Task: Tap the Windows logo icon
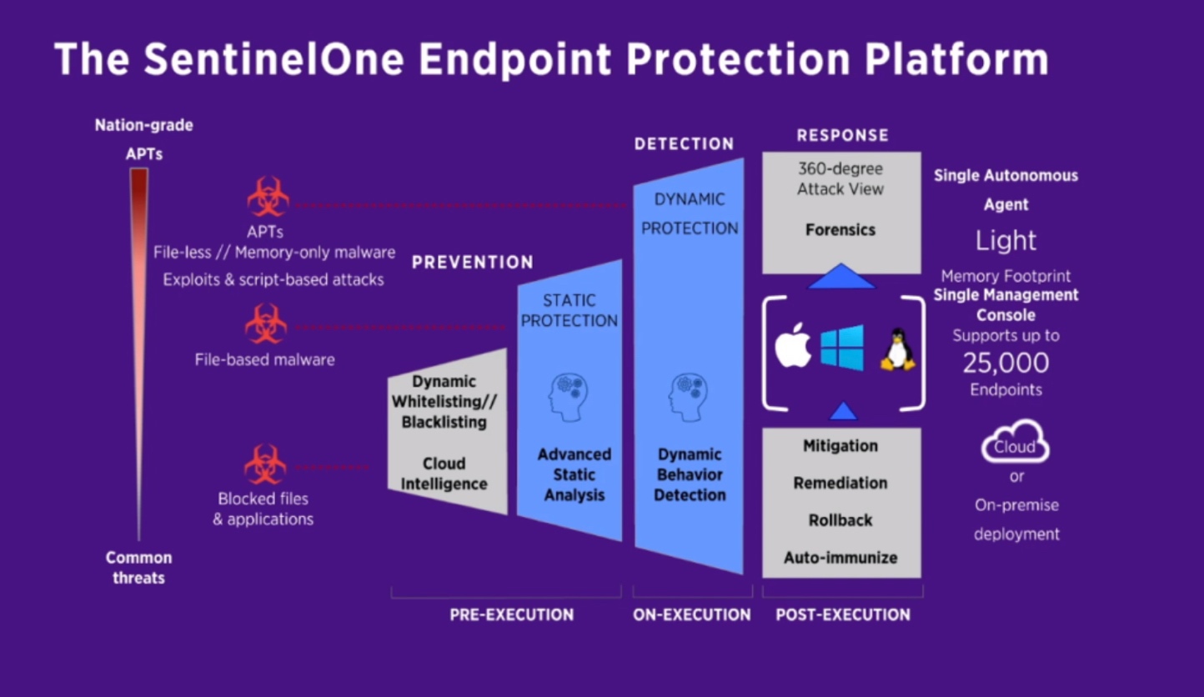(841, 347)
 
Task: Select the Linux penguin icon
(898, 349)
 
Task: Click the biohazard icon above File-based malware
(266, 324)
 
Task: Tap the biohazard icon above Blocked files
(265, 465)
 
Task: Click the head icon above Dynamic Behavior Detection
(690, 396)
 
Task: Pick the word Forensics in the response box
(840, 230)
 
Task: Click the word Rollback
(840, 520)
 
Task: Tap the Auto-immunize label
(840, 558)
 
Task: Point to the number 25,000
(1006, 363)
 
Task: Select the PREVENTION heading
(472, 263)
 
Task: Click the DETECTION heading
(684, 144)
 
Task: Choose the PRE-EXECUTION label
(512, 615)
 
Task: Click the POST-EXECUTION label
(843, 615)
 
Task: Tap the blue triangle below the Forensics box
(841, 277)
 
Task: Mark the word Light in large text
(1006, 241)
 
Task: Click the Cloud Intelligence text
(444, 474)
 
